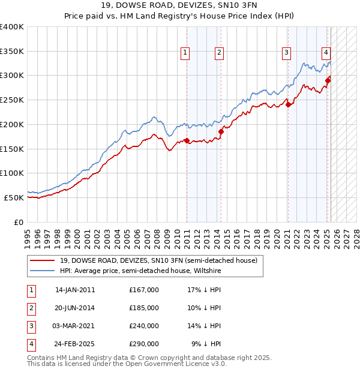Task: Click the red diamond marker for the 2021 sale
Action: click(289, 104)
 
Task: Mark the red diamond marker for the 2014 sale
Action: click(221, 131)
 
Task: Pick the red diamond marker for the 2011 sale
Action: click(187, 140)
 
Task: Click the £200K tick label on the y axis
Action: click(12, 124)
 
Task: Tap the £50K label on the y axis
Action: click(14, 197)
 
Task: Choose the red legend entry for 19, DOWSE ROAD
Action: click(158, 260)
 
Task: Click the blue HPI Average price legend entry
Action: click(140, 271)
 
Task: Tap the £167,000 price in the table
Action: click(144, 290)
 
